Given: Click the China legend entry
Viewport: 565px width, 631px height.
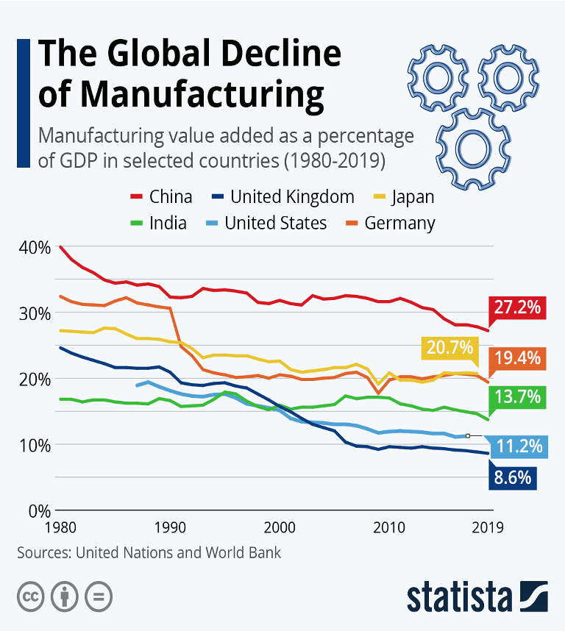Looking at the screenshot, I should (x=162, y=196).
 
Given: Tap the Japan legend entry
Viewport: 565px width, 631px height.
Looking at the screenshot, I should (x=403, y=196).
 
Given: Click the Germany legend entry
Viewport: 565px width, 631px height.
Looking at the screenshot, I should (x=390, y=223).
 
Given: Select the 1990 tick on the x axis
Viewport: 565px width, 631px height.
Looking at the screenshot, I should (x=170, y=527).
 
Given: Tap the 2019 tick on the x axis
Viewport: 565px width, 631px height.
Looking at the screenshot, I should (x=486, y=527).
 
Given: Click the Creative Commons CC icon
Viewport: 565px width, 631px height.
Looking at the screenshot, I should (x=30, y=595).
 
